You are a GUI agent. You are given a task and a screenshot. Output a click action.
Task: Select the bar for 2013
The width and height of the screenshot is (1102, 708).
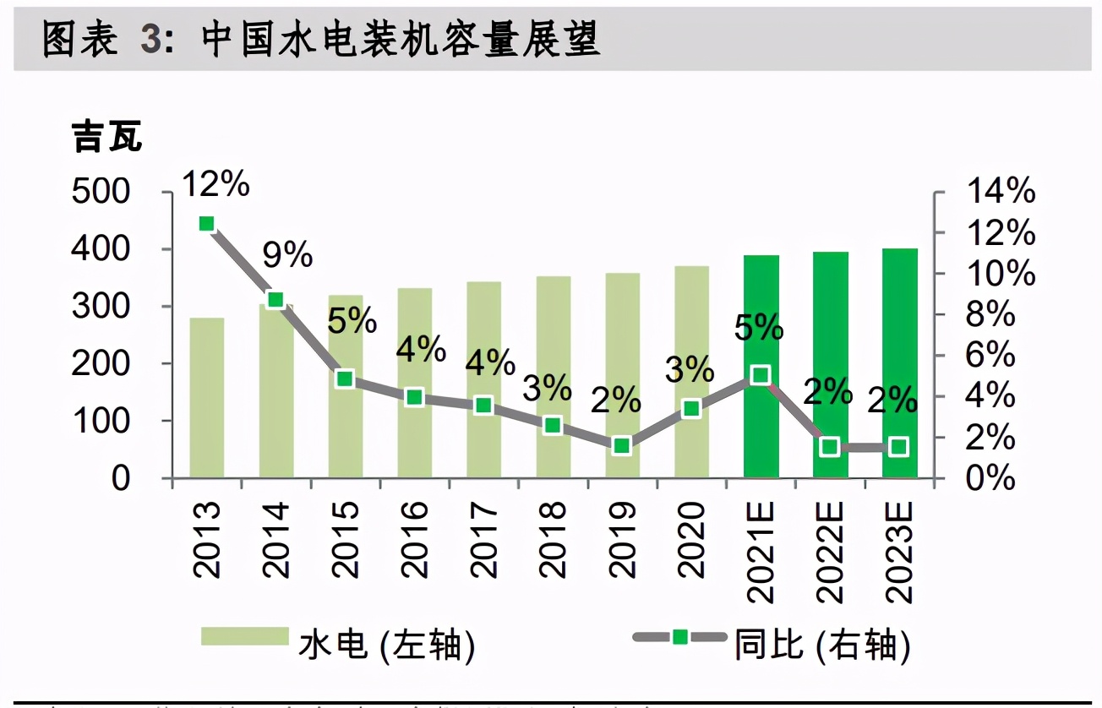207,397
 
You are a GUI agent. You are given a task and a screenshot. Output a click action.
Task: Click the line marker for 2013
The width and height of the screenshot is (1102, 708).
207,224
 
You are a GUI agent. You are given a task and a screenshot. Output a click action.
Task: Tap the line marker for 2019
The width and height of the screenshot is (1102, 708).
622,445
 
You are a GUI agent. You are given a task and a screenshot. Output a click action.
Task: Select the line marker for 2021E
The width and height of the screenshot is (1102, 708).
761,375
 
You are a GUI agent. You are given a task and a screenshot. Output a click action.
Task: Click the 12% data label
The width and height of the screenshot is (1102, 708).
216,182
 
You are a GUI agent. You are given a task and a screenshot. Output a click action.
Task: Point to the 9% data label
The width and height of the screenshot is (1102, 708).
287,254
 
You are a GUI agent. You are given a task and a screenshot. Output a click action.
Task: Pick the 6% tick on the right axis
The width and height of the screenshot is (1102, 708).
991,355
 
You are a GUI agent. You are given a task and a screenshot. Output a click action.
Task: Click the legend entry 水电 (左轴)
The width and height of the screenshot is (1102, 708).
338,646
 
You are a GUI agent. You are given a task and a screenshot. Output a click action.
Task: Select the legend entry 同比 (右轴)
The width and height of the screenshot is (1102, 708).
773,646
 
